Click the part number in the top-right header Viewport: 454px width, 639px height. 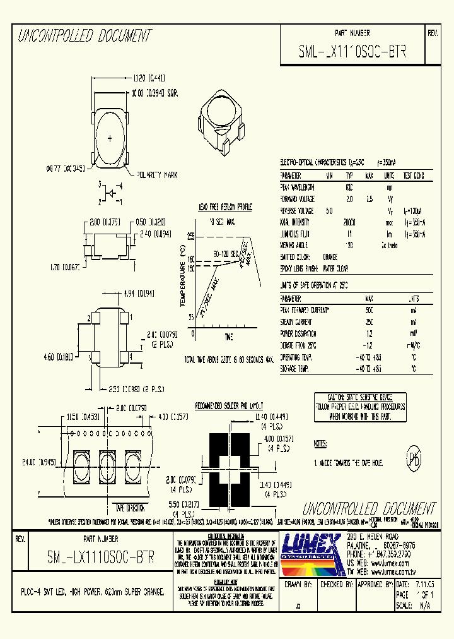352,53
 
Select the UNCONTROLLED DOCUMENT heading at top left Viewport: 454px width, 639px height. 84,36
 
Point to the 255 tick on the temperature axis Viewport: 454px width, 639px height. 191,236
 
